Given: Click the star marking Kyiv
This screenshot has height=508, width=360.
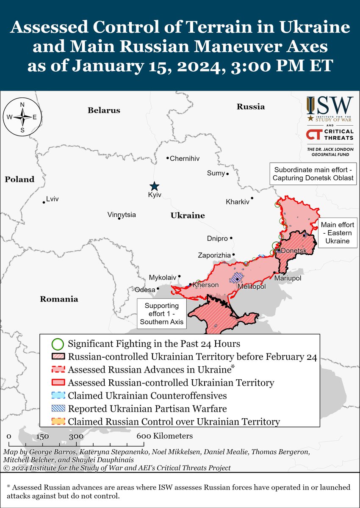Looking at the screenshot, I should pos(155,186).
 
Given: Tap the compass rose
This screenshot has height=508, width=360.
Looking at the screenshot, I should pos(22,117).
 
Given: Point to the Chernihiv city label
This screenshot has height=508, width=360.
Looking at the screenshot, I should pos(184,159).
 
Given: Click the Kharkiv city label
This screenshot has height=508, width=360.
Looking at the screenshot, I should pos(238,202).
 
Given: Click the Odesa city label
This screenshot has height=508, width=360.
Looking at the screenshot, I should pos(145,290).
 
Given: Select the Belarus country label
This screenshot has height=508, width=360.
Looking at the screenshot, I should pos(104,110).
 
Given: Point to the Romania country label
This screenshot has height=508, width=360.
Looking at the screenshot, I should pos(59,299).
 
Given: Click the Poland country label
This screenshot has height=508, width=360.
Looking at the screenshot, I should pos(19,179).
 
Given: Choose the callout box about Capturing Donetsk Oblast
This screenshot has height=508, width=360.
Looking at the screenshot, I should pos(313,173).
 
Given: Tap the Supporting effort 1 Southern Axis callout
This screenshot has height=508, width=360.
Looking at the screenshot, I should pos(161,314).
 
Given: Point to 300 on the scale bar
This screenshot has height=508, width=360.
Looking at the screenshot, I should pos(76,436).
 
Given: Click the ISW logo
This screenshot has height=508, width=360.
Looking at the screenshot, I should pos(330,109).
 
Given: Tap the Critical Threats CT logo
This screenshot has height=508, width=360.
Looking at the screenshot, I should pos(314,135).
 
